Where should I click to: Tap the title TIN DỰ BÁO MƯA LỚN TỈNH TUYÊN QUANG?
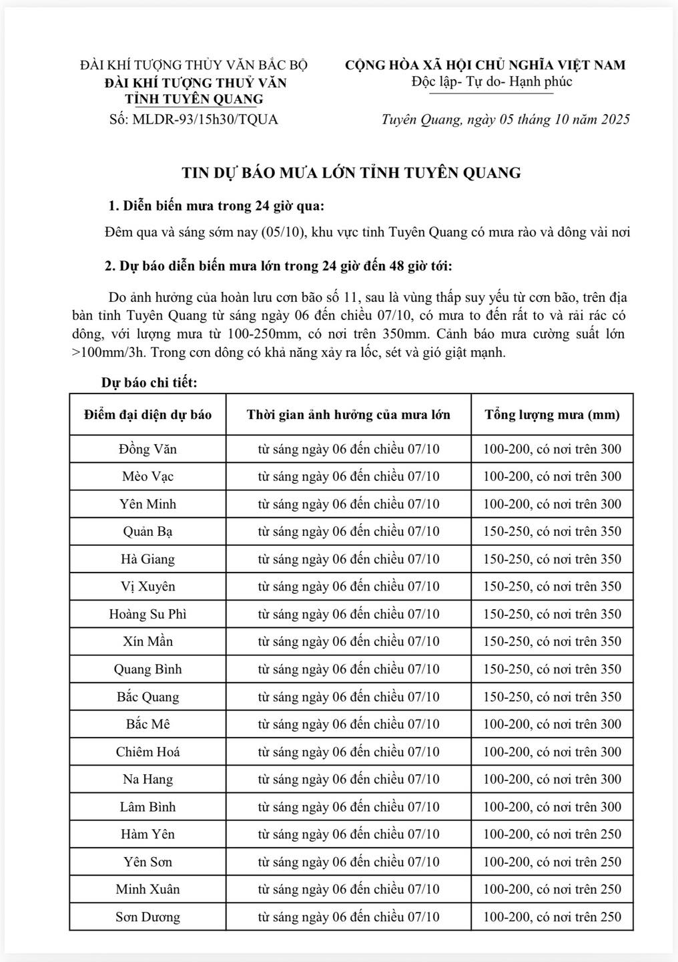click(x=351, y=173)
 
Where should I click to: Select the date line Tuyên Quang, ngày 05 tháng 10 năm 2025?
click(x=505, y=120)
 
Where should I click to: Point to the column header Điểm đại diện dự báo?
click(x=147, y=415)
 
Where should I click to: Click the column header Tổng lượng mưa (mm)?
click(x=552, y=415)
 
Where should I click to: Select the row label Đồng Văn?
click(x=147, y=449)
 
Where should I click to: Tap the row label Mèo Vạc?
click(x=147, y=476)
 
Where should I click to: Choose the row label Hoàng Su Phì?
click(x=147, y=614)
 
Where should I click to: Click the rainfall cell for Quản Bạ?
click(x=552, y=532)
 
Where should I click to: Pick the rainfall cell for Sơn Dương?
click(x=552, y=917)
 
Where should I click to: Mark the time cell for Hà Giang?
click(x=348, y=559)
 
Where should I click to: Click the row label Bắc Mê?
click(x=147, y=724)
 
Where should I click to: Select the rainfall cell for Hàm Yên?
click(x=552, y=834)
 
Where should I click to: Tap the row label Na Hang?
click(x=147, y=779)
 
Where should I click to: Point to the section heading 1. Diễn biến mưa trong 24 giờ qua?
click(x=217, y=205)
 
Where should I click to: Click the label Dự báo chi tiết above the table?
click(x=149, y=383)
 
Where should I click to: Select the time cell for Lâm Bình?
click(x=348, y=807)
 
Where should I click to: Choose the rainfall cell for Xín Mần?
click(x=552, y=642)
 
